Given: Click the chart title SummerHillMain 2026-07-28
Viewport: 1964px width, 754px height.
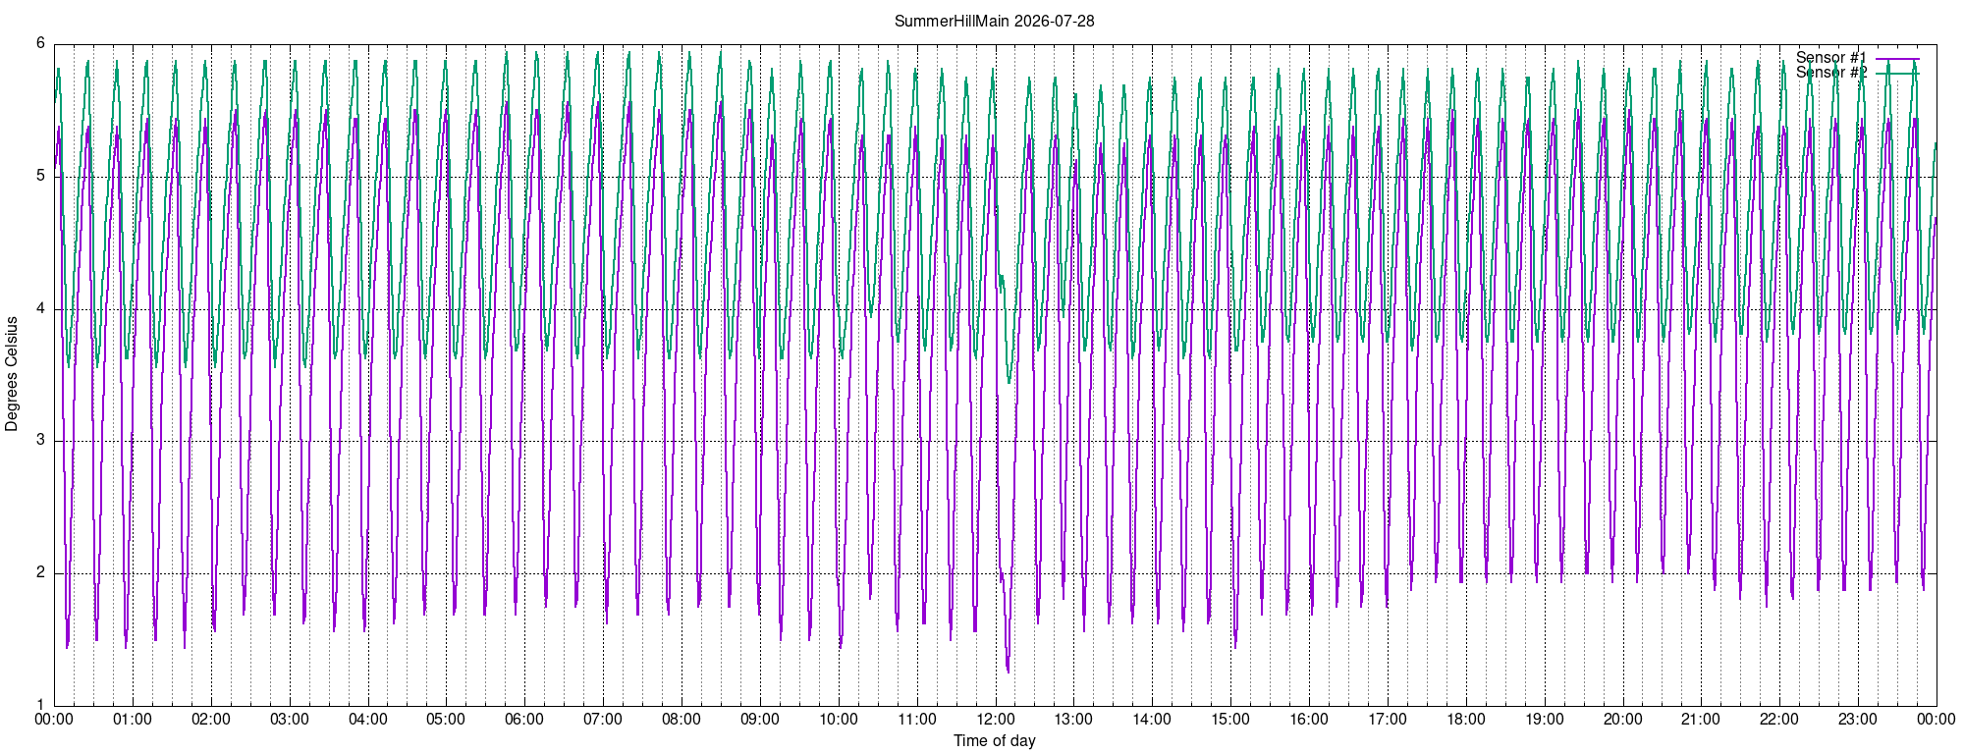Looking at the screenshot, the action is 994,21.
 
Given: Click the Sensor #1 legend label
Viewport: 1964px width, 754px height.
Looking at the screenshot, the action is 1831,58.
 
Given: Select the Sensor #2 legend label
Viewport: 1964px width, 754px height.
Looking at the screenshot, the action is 1831,73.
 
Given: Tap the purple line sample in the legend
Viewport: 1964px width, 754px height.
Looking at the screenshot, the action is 1897,59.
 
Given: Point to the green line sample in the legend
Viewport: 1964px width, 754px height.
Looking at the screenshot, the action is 1897,74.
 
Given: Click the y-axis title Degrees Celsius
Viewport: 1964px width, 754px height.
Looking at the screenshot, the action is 12,373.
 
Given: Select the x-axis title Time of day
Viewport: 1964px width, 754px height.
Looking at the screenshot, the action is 994,740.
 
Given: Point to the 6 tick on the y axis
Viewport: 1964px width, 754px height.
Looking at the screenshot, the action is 40,43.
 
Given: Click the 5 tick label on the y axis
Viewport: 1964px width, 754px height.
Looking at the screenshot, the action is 40,176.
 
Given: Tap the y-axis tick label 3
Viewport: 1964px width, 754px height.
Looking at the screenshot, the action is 40,440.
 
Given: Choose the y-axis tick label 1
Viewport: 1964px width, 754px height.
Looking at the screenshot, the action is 40,704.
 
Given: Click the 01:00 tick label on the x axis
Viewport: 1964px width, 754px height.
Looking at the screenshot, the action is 133,719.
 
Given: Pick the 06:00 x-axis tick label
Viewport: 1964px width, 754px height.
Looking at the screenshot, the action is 524,719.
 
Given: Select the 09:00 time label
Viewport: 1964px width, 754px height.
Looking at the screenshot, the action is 760,719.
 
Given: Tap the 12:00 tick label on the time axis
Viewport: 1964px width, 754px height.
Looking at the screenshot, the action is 995,719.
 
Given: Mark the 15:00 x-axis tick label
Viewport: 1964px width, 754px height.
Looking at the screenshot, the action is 1230,719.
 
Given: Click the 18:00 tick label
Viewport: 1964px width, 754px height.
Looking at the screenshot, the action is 1465,719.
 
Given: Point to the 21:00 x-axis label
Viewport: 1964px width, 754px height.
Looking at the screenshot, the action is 1701,719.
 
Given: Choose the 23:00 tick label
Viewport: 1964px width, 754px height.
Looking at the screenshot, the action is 1858,719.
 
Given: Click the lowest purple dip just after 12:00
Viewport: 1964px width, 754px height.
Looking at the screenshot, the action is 1008,672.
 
